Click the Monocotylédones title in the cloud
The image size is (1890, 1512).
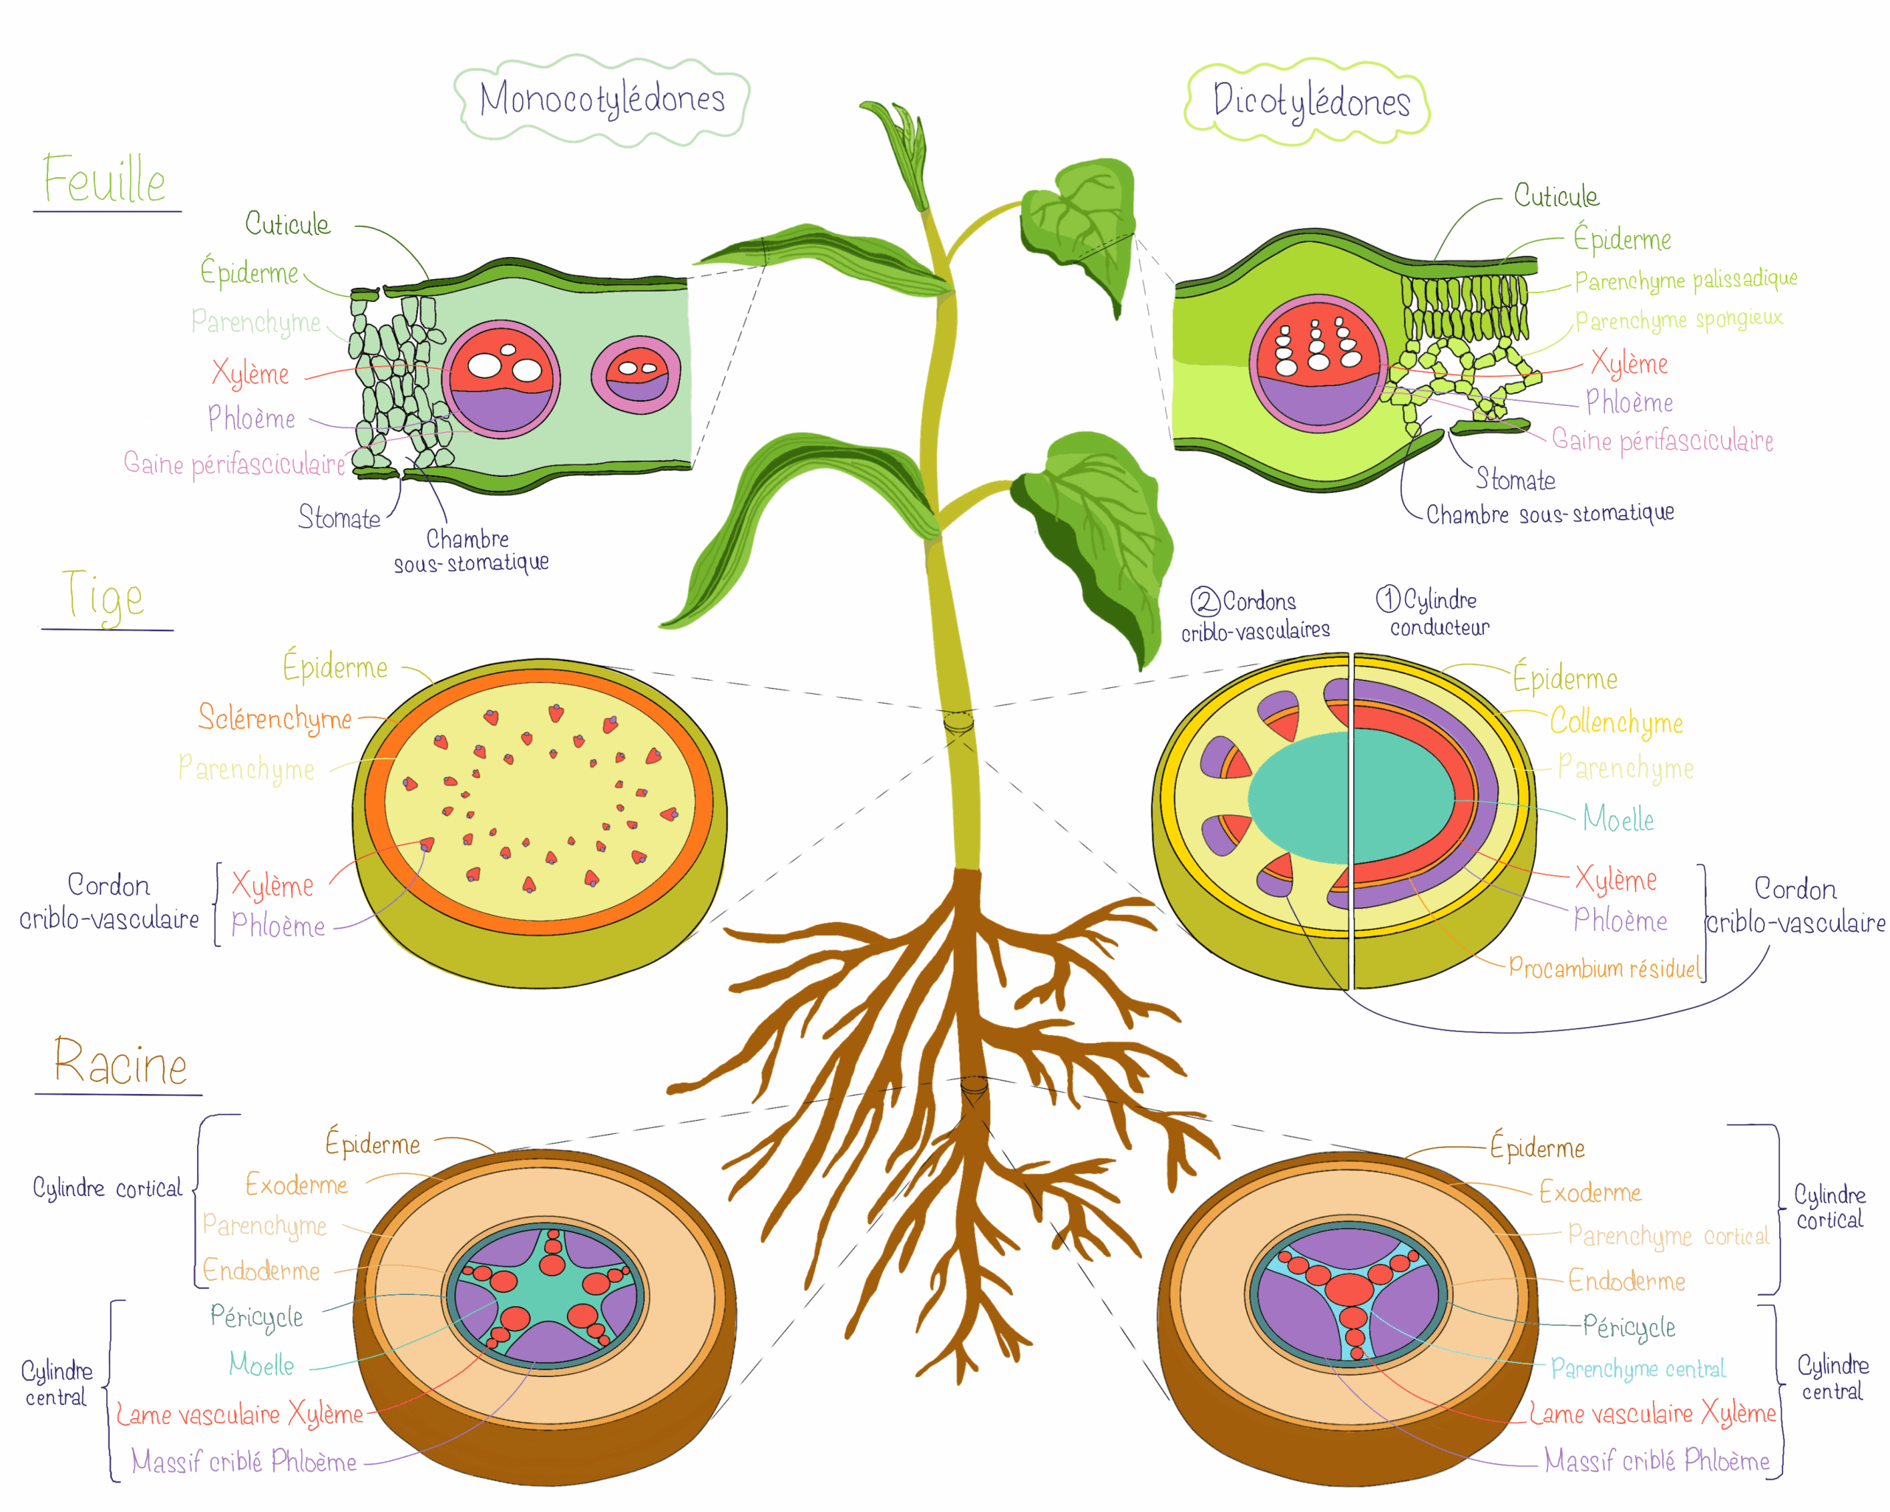coord(602,99)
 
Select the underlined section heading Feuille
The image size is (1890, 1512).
coord(105,179)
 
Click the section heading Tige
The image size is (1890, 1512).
coord(103,596)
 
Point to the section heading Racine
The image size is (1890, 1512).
coord(121,1063)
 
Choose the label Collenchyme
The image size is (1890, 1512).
coord(1615,722)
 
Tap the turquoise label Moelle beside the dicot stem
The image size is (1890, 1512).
coord(1618,819)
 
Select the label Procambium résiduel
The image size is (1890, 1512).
coord(1604,969)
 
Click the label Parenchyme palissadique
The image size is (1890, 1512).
coord(1685,280)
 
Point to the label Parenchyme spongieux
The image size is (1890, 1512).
coord(1678,319)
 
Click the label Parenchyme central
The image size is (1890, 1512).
coord(1638,1368)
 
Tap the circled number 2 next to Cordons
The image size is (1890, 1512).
coord(1204,601)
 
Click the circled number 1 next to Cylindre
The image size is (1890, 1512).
coord(1388,599)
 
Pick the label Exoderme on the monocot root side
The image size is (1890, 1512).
coord(296,1185)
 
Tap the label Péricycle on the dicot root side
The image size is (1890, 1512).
coord(1629,1327)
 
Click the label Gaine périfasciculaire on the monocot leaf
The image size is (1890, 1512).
coord(234,463)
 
